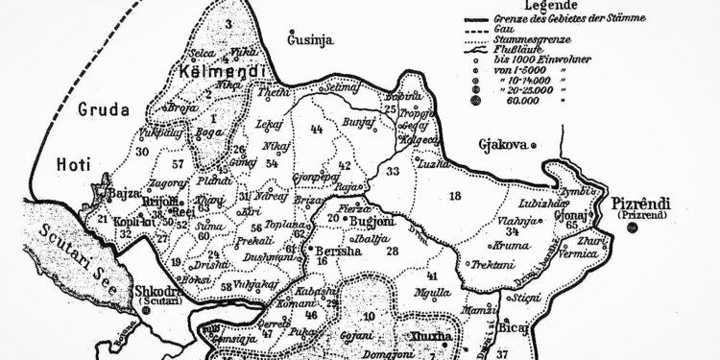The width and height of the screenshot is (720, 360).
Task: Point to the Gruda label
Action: tap(104, 109)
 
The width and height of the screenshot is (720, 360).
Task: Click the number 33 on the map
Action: tap(393, 171)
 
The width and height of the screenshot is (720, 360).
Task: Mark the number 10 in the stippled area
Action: tap(371, 316)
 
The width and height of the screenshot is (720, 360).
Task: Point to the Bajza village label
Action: tap(126, 193)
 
